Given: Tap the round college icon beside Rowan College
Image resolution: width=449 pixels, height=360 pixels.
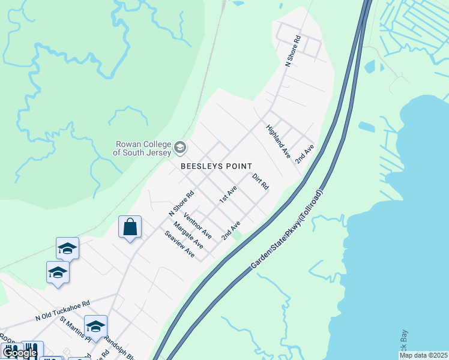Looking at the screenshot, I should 179,148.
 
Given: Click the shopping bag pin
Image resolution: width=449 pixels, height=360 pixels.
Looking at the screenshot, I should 130,227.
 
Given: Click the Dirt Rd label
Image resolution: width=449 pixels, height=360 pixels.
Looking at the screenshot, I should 260,182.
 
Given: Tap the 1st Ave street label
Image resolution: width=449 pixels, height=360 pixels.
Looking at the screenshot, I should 228,194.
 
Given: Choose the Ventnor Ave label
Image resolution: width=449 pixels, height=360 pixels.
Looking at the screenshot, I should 198,224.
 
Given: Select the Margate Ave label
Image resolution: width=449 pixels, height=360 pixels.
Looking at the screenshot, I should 188,235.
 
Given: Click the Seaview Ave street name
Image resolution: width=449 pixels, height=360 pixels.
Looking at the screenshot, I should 179,245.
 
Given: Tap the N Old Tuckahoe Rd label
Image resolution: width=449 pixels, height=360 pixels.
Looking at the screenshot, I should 62,310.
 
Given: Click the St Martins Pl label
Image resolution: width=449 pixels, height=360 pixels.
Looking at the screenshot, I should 75,326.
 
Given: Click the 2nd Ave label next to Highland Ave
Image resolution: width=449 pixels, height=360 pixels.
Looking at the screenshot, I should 304,154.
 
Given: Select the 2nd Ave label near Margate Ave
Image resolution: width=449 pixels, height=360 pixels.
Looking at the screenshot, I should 231,230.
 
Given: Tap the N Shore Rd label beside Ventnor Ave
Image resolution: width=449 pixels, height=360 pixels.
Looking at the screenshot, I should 182,203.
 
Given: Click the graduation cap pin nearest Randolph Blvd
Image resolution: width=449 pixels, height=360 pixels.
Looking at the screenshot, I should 95,327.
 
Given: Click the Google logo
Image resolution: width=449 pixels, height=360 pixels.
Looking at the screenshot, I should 20,353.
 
